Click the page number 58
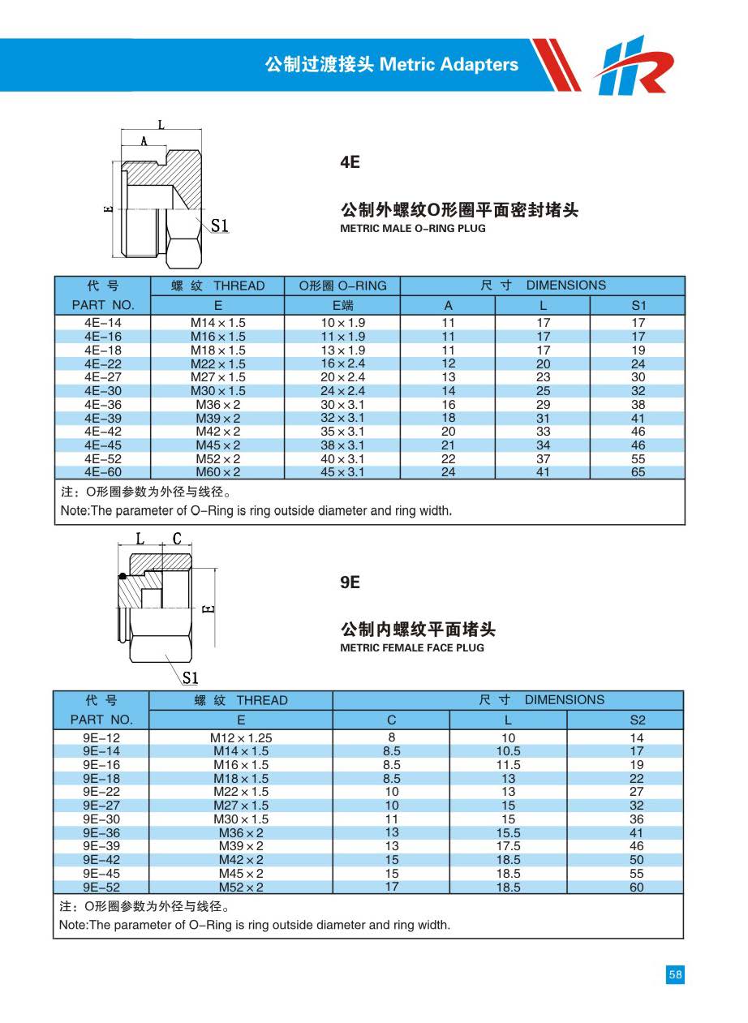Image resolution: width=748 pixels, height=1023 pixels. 675,974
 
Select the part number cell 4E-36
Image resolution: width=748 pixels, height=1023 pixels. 102,405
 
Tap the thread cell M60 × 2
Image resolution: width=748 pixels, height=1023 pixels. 217,472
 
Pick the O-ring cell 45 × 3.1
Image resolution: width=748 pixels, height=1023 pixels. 342,472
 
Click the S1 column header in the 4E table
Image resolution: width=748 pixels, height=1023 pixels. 638,305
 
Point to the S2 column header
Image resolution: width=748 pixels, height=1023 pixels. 637,720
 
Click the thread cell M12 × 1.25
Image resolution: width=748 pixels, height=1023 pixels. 241,738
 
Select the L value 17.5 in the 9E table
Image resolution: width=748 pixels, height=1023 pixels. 508,846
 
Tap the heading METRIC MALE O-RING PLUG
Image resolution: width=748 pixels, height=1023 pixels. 413,229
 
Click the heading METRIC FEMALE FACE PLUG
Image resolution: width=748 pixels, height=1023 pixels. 412,647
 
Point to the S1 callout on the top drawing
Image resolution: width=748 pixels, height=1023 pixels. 220,226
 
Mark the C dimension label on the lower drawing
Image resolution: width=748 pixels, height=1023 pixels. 178,538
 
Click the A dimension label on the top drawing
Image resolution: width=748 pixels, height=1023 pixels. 144,141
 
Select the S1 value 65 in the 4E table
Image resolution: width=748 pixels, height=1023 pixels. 638,472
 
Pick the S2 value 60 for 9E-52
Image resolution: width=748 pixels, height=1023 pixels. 637,888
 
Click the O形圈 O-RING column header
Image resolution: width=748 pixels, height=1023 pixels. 342,286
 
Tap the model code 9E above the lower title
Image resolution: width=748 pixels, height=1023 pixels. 350,582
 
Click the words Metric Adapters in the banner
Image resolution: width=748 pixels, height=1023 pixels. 449,64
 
